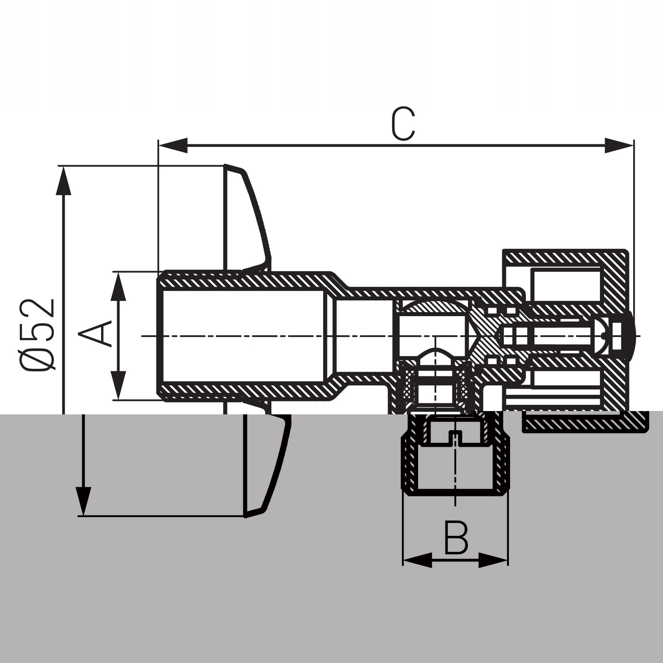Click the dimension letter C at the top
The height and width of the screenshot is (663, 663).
tap(403, 124)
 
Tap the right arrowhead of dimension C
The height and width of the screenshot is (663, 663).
tap(619, 145)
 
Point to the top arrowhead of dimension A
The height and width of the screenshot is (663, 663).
tap(119, 286)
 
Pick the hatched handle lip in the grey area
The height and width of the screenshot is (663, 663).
tap(584, 423)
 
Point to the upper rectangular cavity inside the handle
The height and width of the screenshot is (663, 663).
tap(566, 284)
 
